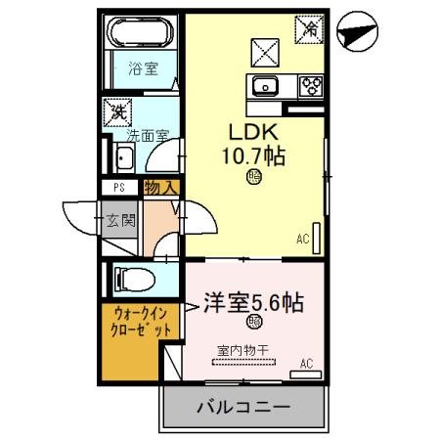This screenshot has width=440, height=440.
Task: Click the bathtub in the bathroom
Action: pyautogui.click(x=141, y=37)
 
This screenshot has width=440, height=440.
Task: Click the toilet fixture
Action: pyautogui.click(x=133, y=279)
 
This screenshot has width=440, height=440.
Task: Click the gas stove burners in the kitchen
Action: pyautogui.click(x=311, y=85)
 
